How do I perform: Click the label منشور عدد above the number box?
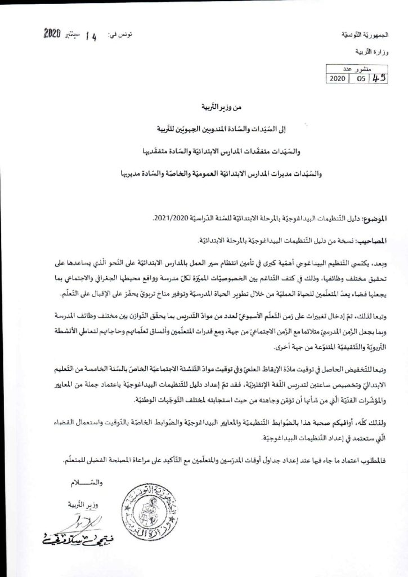[356, 69]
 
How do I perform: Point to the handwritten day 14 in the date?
[91, 36]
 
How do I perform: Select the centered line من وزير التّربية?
[204, 106]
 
